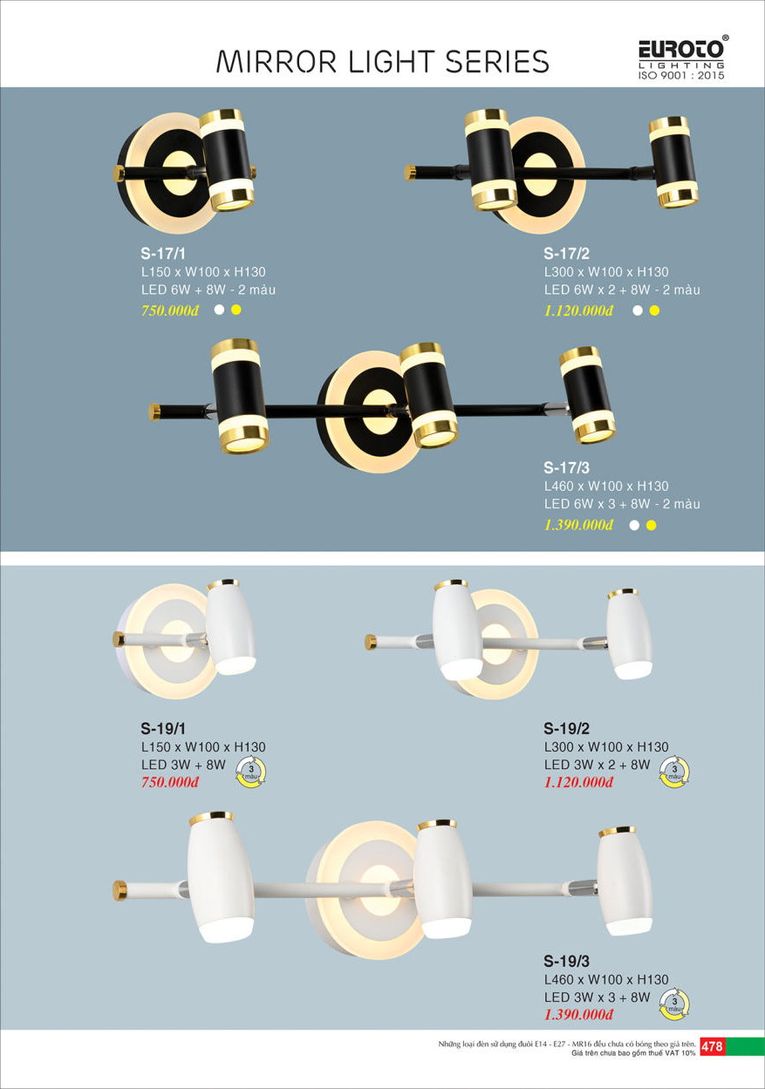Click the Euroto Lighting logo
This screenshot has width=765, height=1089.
pyautogui.click(x=682, y=57)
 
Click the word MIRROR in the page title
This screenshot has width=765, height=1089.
pyautogui.click(x=277, y=62)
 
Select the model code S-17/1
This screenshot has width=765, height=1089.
pyautogui.click(x=163, y=254)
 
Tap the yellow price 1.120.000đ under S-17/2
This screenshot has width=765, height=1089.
pyautogui.click(x=578, y=310)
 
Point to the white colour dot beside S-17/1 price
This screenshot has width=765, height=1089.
pyautogui.click(x=219, y=310)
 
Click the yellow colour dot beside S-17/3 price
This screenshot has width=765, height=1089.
pyautogui.click(x=652, y=525)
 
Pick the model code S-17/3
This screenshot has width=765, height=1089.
pyautogui.click(x=567, y=467)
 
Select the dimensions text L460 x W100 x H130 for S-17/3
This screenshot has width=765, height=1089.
pyautogui.click(x=606, y=487)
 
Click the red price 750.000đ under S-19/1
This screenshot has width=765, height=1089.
pyautogui.click(x=170, y=782)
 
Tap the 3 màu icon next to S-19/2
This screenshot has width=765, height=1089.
pyautogui.click(x=674, y=772)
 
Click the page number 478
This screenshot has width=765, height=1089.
pyautogui.click(x=712, y=1046)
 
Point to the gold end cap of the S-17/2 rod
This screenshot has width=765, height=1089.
pyautogui.click(x=410, y=173)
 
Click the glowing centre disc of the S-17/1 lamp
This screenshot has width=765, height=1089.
pyautogui.click(x=179, y=166)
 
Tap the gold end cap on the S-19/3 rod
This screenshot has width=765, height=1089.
pyautogui.click(x=120, y=891)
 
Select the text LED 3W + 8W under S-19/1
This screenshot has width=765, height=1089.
pyautogui.click(x=183, y=765)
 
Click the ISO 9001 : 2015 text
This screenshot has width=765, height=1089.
pyautogui.click(x=681, y=75)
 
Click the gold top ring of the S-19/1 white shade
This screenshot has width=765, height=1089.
pyautogui.click(x=223, y=584)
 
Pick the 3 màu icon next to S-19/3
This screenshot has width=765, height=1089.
pyautogui.click(x=674, y=1004)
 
